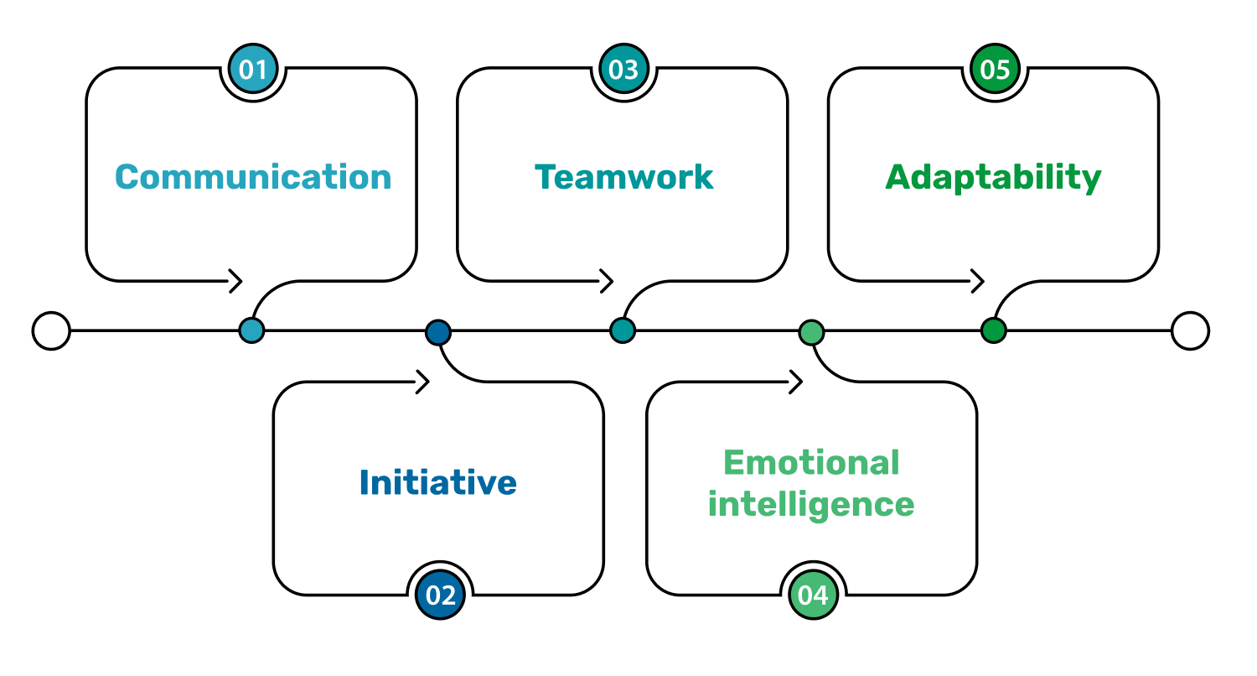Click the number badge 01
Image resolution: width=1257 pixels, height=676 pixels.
[253, 70]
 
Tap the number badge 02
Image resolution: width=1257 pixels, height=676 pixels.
[441, 595]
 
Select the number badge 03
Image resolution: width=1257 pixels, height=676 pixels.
[623, 70]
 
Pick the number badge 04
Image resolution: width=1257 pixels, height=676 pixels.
[813, 595]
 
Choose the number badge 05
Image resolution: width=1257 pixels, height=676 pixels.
[995, 70]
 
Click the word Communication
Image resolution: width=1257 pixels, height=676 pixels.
[253, 177]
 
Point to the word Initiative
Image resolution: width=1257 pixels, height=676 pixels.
[437, 482]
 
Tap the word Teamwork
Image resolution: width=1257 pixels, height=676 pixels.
[623, 177]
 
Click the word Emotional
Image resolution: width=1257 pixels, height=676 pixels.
[811, 462]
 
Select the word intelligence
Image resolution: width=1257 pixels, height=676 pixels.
[811, 505]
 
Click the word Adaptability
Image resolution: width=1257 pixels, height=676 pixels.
[993, 177]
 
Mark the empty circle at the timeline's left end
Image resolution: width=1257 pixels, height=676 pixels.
[51, 330]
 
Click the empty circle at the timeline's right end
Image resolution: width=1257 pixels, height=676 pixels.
[1190, 330]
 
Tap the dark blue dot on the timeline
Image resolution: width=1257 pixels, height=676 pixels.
[437, 332]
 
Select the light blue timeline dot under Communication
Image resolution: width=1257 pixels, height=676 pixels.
[251, 330]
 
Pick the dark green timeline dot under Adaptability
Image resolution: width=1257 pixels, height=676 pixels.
[993, 330]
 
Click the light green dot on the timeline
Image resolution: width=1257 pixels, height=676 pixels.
[810, 332]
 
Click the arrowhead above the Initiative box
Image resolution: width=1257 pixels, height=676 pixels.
[424, 382]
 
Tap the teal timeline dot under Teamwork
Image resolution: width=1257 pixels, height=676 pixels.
[623, 330]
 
